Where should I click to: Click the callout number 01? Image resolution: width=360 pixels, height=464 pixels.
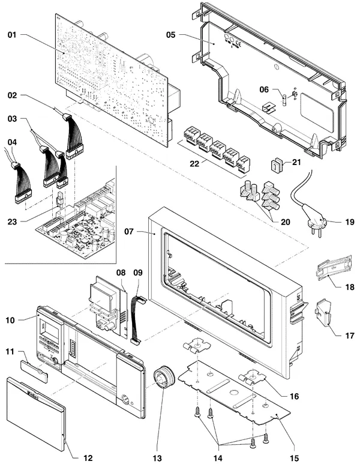click(x=12, y=35)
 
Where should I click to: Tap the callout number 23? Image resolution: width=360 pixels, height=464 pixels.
click(x=12, y=221)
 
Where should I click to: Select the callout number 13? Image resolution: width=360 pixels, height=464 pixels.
click(x=157, y=458)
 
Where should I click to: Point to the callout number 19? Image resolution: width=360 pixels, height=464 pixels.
click(x=350, y=221)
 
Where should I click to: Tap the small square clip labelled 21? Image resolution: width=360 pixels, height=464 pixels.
click(x=277, y=165)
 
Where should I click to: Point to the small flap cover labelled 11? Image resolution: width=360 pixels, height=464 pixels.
click(x=34, y=372)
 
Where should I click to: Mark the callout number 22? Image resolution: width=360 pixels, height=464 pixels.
click(x=194, y=163)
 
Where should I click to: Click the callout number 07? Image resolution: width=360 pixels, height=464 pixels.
click(x=128, y=232)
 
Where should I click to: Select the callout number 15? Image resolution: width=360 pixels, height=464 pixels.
click(x=294, y=458)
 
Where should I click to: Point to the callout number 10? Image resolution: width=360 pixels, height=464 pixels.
click(x=10, y=321)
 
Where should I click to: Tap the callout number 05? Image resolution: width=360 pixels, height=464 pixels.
click(x=170, y=35)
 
